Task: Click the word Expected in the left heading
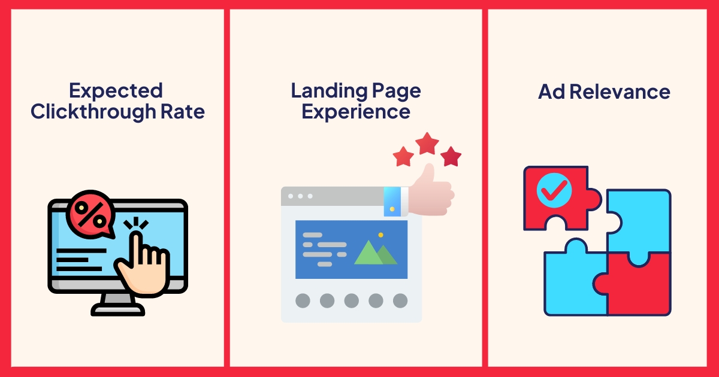coord(116,91)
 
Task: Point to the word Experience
coord(356,112)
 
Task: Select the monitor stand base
coord(117,309)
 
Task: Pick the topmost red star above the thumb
coord(427,144)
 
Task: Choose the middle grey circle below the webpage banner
coord(351,300)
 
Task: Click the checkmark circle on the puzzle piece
coord(554,191)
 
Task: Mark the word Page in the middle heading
coord(394,91)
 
